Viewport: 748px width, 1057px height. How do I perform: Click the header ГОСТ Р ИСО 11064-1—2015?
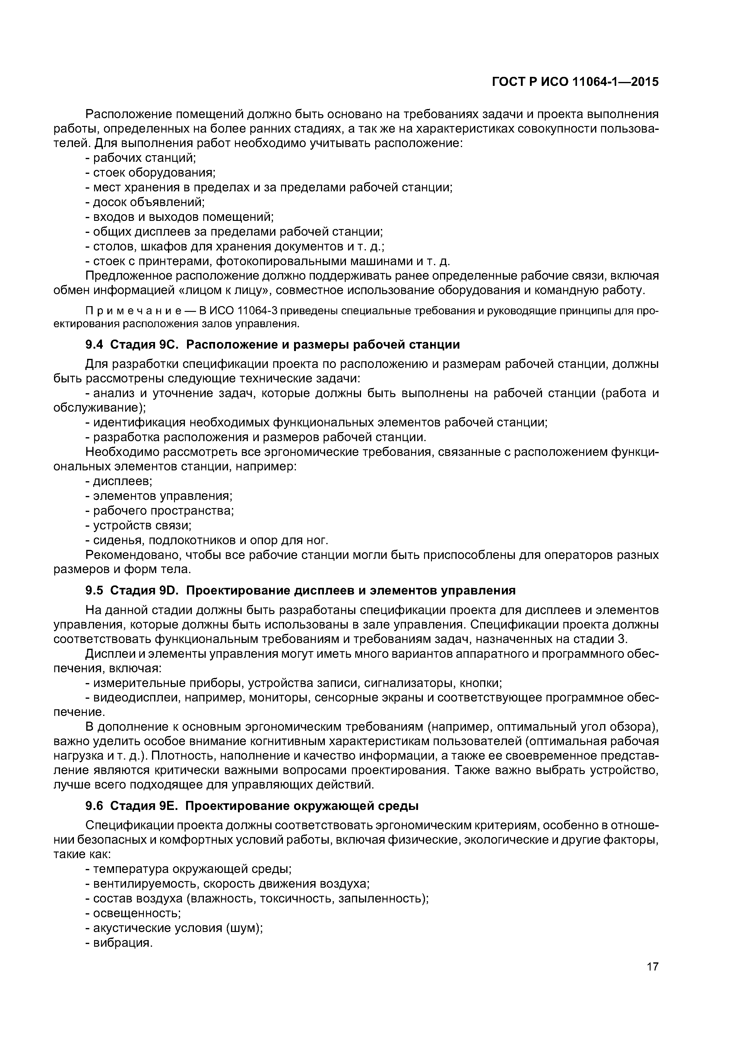pos(575,82)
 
